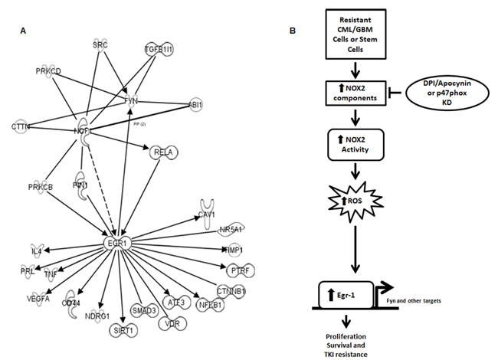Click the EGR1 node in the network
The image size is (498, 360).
tap(117, 244)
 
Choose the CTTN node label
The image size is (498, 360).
tap(21, 126)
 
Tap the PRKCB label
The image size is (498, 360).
tap(40, 187)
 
